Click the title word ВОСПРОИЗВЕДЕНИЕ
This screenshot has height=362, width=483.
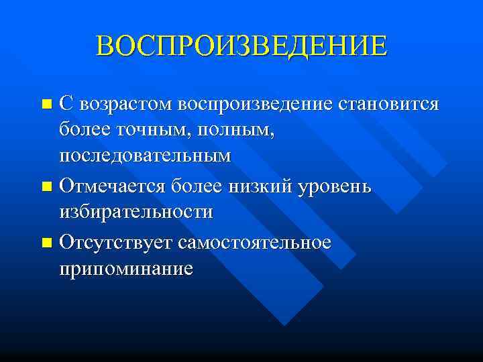241,45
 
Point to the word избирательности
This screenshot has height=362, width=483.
136,213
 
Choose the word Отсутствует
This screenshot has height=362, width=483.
116,241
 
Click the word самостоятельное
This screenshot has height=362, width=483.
255,241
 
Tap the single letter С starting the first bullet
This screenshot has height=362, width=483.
65,105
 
